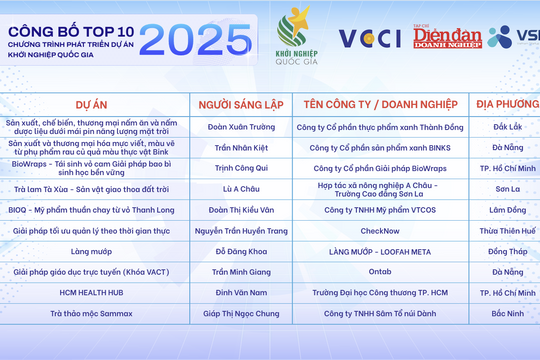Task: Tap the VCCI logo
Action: tap(368, 39)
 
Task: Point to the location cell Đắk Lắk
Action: tap(506, 127)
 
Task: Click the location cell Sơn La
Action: tap(506, 188)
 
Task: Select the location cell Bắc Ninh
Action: tap(506, 313)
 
